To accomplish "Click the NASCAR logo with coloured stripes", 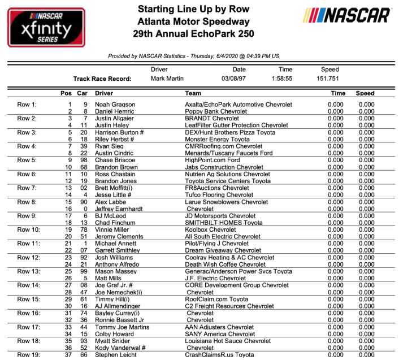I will click(347, 15).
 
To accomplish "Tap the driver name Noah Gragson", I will click(115, 105).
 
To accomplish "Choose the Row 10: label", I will click(30, 230).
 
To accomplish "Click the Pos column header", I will click(66, 93).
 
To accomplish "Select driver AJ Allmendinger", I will click(120, 306).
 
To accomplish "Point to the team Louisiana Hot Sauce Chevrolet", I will click(228, 341).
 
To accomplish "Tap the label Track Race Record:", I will click(102, 79).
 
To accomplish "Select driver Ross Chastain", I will click(115, 174).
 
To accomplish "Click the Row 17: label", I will click(30, 327).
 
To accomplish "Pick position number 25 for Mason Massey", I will click(70, 271).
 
